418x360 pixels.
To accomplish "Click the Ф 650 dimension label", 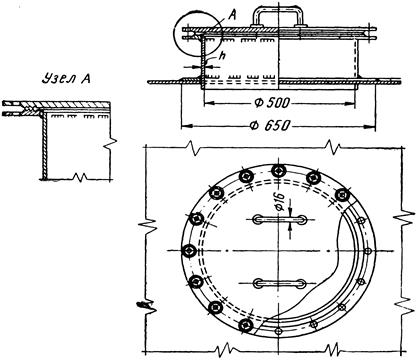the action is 270,126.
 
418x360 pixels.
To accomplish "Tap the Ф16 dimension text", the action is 280,202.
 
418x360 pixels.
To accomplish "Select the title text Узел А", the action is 66,78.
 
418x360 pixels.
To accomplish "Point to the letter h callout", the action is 222,56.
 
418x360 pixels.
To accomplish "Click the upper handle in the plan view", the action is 280,220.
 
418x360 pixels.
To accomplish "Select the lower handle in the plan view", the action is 279,284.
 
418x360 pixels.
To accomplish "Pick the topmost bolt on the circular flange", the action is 278,171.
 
